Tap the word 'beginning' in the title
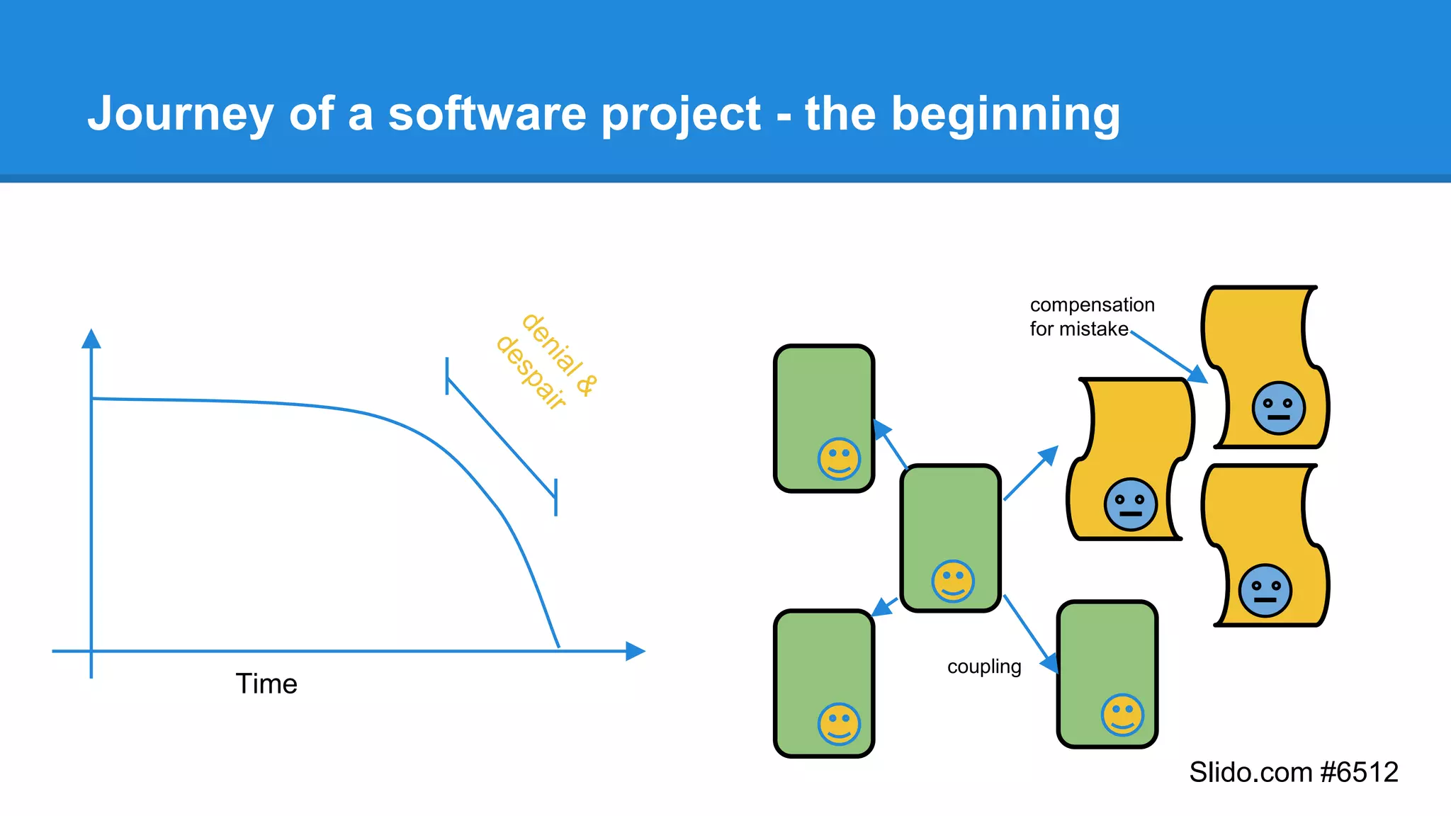[x=1005, y=115]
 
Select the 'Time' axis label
[x=266, y=684]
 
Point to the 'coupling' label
[x=984, y=667]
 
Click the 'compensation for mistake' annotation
[x=1091, y=317]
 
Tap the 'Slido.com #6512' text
[x=1293, y=772]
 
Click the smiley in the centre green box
[x=953, y=582]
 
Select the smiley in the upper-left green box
[x=839, y=459]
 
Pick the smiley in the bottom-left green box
[x=839, y=724]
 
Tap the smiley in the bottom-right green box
[x=1122, y=715]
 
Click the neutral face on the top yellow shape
[x=1278, y=408]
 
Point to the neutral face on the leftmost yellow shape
[x=1130, y=504]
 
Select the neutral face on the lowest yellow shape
[x=1265, y=591]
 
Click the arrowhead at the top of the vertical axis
[x=91, y=339]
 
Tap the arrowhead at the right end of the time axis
[x=635, y=651]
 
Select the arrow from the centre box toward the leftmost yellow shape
[x=1031, y=473]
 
